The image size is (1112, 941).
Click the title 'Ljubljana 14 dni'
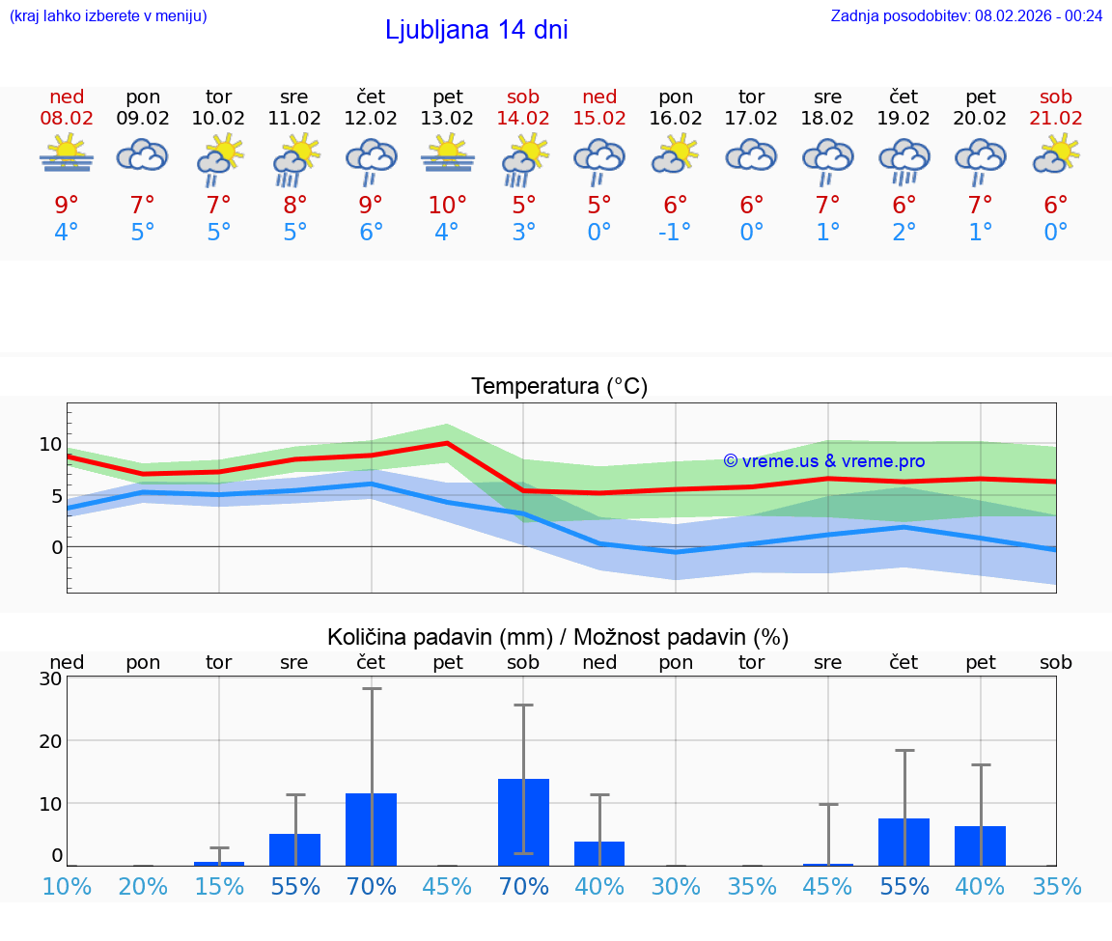tap(476, 30)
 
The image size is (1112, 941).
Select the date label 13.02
tap(447, 118)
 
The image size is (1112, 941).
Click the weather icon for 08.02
tap(67, 154)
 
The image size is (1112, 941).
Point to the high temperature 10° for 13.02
tap(447, 205)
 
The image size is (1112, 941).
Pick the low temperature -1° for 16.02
tap(676, 233)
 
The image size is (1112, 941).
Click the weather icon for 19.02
tap(903, 159)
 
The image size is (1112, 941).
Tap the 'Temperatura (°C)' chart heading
tap(559, 386)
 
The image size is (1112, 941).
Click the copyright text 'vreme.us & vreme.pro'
tap(824, 461)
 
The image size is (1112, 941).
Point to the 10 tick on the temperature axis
tap(51, 445)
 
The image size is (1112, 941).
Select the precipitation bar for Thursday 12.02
tap(372, 829)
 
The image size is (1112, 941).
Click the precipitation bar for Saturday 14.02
tap(523, 821)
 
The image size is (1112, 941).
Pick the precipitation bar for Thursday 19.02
tap(903, 842)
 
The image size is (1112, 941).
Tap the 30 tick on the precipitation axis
tap(50, 678)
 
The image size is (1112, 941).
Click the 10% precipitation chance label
tap(67, 886)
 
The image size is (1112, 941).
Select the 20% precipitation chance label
tap(143, 886)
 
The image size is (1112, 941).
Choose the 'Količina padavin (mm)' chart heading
tap(558, 637)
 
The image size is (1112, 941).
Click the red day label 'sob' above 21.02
tap(1056, 97)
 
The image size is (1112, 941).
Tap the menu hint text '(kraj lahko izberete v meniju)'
tap(108, 15)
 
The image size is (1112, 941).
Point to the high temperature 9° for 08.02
tap(67, 205)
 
